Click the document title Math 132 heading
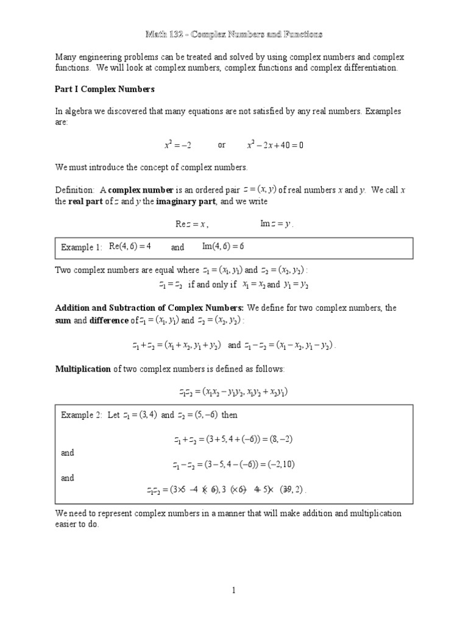click(x=233, y=34)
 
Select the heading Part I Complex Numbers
click(x=105, y=89)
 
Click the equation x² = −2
click(x=178, y=145)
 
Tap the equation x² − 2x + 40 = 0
click(x=275, y=145)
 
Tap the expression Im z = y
click(x=277, y=224)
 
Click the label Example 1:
click(x=81, y=247)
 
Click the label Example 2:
click(x=81, y=415)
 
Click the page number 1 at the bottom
click(x=233, y=590)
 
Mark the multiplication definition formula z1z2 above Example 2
click(x=233, y=392)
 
